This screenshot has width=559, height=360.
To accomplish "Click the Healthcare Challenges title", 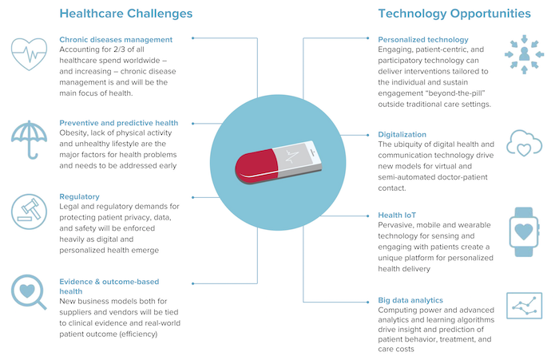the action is coord(126,14).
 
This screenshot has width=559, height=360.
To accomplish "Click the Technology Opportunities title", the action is coord(454,14).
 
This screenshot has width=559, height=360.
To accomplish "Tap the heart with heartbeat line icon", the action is coord(29,53).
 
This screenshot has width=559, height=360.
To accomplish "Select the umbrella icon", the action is coord(29,140).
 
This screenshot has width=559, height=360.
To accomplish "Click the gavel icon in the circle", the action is coord(29,212).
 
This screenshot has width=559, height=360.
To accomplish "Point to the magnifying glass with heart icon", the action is coord(28,291).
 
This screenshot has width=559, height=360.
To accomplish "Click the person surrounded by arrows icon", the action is coord(524,54).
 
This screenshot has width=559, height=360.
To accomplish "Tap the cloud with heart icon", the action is coord(524,143).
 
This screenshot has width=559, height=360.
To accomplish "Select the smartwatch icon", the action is coord(524,231).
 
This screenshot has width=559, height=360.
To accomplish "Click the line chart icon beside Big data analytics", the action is coord(524,306).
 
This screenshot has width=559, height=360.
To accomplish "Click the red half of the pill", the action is coord(256,167).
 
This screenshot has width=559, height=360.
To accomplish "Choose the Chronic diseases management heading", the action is coord(116,40).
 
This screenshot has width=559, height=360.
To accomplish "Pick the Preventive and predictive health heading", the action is coord(119,123).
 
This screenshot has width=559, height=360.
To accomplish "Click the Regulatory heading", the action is coord(79,196).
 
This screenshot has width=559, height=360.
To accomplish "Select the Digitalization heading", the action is coord(402,135).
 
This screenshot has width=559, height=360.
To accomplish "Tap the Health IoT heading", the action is coord(397,216).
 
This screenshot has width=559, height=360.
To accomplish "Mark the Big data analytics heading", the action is coord(410,300).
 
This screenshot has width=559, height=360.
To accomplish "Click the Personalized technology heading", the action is coord(423,40).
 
